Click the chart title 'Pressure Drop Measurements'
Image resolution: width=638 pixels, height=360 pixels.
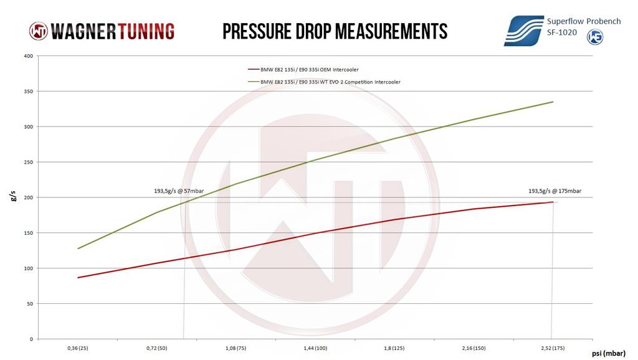335,31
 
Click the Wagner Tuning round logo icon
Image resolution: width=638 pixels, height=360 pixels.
38,31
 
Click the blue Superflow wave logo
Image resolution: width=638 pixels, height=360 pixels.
523,31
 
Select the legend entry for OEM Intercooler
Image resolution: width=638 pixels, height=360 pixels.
303,70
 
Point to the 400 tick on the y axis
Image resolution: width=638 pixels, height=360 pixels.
28,56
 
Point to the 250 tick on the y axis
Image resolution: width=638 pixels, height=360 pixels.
28,162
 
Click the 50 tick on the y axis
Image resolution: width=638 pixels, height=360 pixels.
29,304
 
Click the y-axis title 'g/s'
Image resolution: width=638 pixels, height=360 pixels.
13,197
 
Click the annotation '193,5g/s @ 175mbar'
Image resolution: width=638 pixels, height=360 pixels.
555,191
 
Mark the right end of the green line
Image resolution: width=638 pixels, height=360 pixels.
553,102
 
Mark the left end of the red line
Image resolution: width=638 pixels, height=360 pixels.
78,278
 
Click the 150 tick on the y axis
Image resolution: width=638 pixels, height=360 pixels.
28,233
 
